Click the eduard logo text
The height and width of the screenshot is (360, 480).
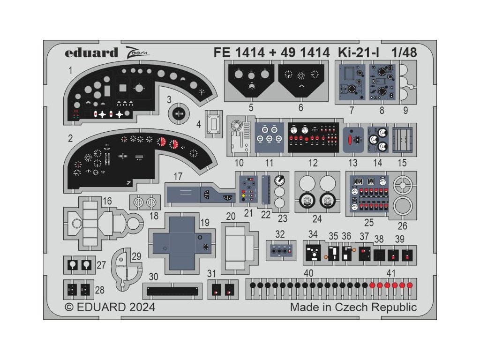pos(91,52)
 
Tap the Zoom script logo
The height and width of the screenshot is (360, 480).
pos(136,52)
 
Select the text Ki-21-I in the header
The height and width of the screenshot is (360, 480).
pos(359,52)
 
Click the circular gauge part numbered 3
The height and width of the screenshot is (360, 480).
pos(179,114)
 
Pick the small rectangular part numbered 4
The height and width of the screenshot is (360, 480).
pos(213,124)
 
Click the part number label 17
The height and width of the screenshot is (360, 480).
pos(178,176)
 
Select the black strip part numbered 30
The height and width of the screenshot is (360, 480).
pos(172,291)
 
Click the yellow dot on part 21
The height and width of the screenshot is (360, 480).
pos(243,195)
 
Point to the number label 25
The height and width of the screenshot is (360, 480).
pos(369,223)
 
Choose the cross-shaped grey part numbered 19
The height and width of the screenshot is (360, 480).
pos(182,243)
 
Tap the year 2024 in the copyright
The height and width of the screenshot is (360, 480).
pos(142,307)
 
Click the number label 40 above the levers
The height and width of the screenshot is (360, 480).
pos(308,273)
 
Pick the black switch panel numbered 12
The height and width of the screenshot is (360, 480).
pos(313,137)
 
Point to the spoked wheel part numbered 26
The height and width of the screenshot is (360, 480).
pos(403,185)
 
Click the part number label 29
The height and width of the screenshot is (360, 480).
pos(136,256)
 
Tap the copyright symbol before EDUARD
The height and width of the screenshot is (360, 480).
pos(69,307)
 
